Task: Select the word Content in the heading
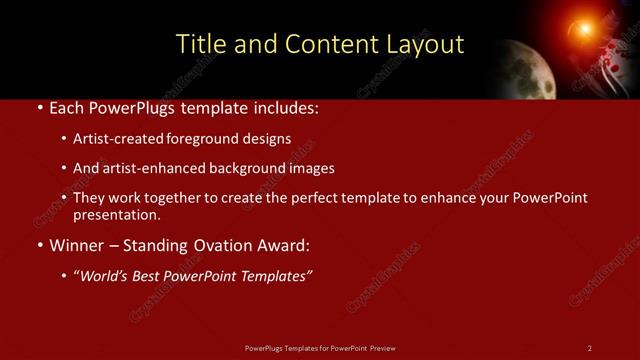tap(326, 44)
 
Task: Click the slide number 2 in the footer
tap(590, 348)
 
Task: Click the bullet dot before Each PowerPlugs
tap(39, 107)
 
